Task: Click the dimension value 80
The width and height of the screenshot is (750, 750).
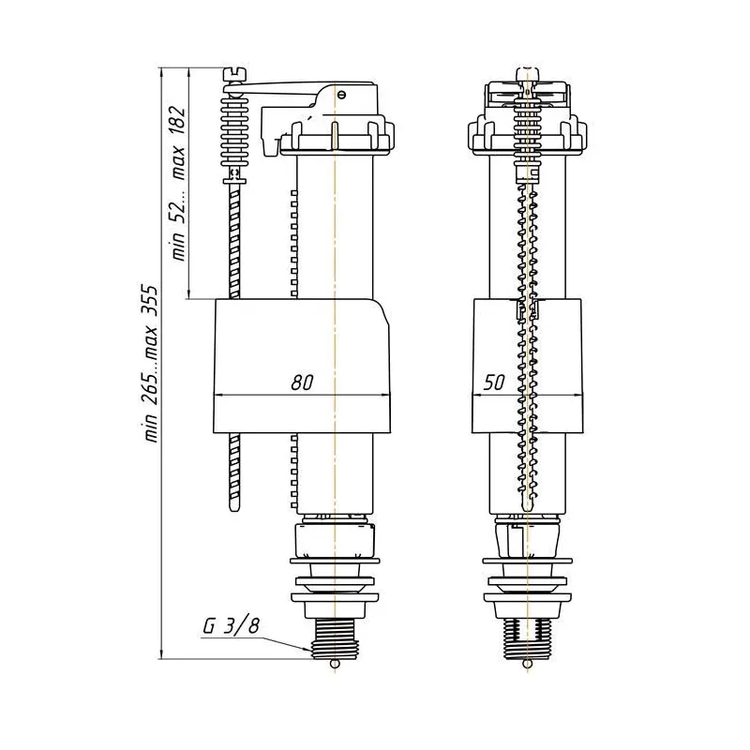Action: tap(302, 382)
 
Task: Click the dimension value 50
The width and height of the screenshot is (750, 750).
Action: tap(494, 382)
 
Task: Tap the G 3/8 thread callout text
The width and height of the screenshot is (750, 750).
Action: tap(231, 625)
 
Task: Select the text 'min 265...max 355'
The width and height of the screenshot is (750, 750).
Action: tap(151, 364)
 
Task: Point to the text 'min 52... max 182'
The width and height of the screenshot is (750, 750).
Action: tap(179, 183)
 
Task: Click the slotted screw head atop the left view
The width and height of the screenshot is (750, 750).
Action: tap(234, 74)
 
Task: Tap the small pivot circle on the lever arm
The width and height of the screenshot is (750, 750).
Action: tap(340, 95)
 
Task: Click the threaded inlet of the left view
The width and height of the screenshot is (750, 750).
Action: tap(335, 639)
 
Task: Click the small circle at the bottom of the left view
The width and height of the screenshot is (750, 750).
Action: tap(335, 664)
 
